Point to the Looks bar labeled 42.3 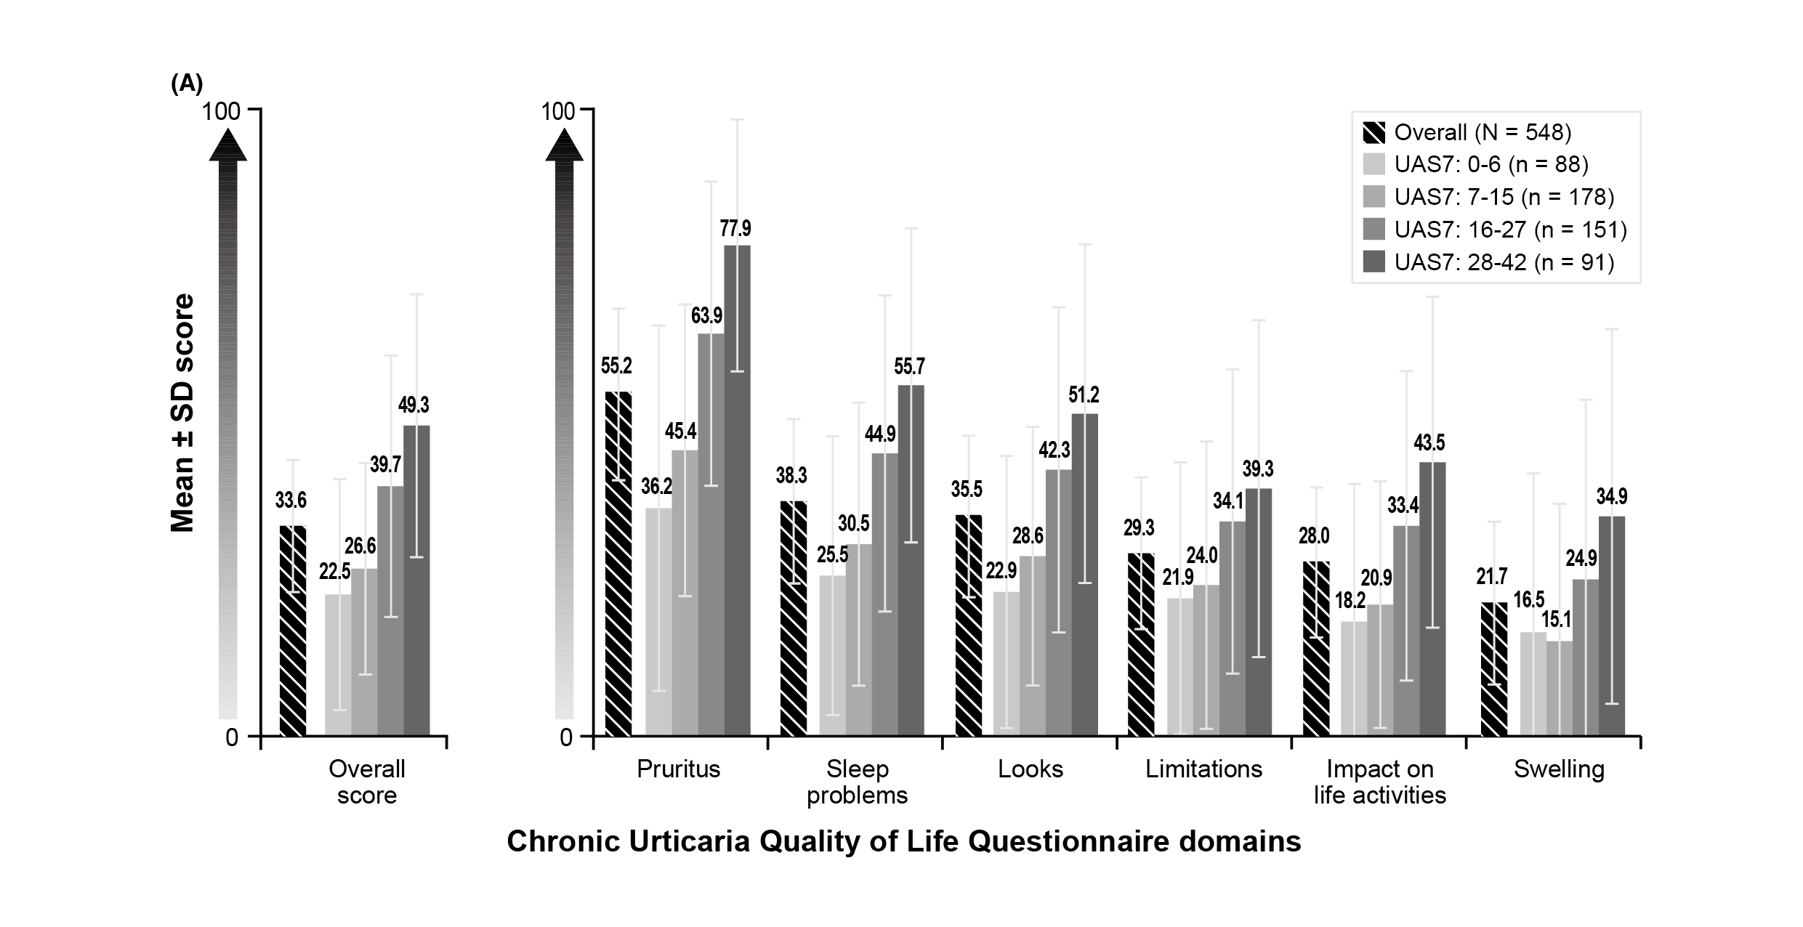click(1059, 602)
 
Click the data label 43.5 click(1429, 442)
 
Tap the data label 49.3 click(414, 405)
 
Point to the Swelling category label click(1559, 769)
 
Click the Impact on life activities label click(1379, 782)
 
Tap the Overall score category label click(367, 782)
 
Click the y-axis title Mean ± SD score click(183, 413)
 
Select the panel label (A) click(187, 84)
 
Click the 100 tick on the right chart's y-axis click(557, 111)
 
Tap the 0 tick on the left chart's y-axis click(232, 737)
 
